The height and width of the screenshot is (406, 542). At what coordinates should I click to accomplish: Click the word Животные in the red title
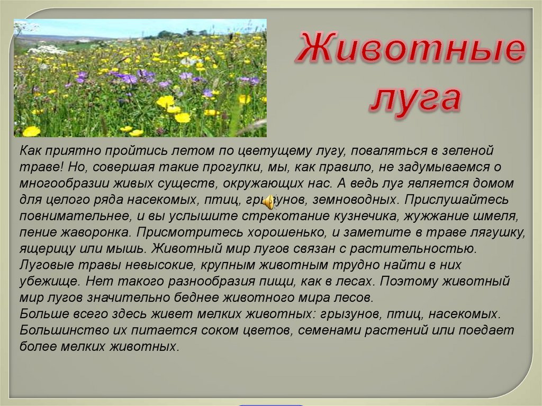tap(410, 48)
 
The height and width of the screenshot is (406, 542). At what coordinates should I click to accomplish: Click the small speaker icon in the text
tap(269, 202)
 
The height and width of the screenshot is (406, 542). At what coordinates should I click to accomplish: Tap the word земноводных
tap(355, 200)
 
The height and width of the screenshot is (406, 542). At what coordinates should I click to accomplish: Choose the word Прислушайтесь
tap(457, 200)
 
